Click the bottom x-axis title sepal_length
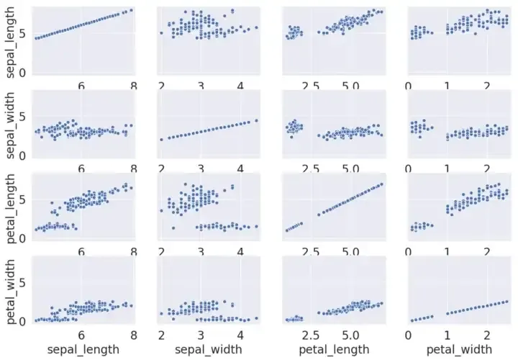click(81, 350)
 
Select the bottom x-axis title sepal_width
click(206, 350)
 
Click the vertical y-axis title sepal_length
click(11, 42)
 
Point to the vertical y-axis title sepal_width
click(11, 125)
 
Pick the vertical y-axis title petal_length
click(11, 209)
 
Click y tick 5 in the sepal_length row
click(23, 33)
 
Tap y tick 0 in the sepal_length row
click(23, 73)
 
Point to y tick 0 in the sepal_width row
click(23, 156)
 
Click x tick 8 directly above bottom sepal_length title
click(133, 335)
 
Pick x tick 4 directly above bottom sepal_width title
click(240, 335)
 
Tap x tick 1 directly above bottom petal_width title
click(447, 335)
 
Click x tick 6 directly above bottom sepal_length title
click(81, 335)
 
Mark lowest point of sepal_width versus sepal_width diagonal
click(161, 139)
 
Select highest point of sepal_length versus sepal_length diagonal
click(131, 10)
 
